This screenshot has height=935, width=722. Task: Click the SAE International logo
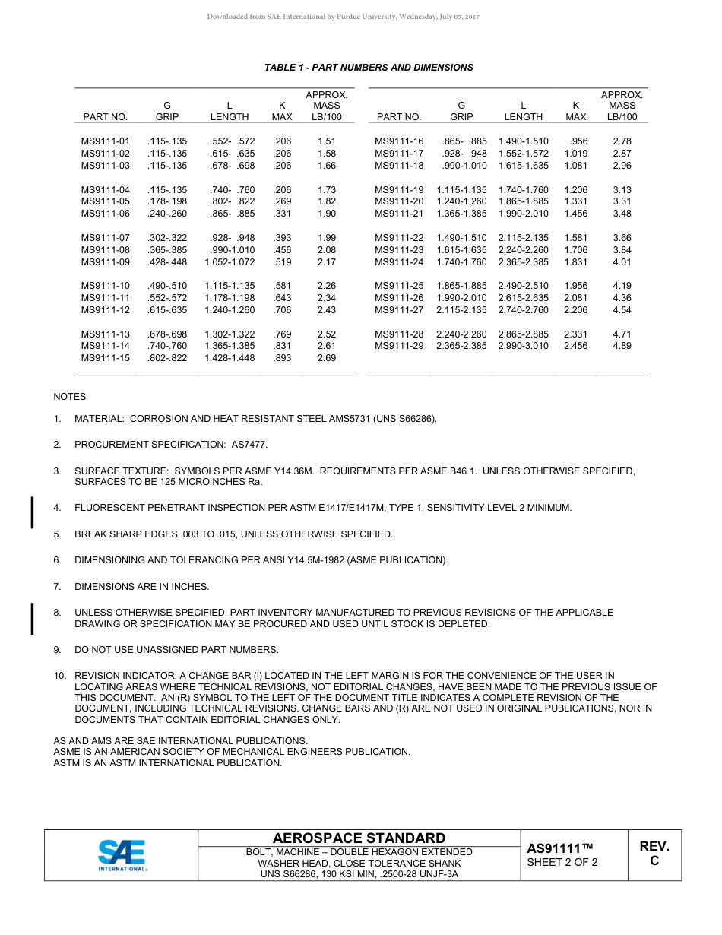point(122,855)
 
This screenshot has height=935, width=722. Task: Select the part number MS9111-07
point(106,238)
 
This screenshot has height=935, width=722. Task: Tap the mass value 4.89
point(622,346)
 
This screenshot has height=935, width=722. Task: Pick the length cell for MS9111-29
point(523,346)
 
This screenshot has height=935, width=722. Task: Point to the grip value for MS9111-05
point(167,201)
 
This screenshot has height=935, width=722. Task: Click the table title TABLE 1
point(369,68)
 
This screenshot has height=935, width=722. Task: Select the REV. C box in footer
point(654,853)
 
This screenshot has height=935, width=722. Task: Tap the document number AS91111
point(559,848)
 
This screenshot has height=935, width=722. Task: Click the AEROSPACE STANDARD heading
point(359,838)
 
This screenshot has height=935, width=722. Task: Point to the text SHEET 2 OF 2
point(562,862)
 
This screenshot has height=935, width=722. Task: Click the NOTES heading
point(70,397)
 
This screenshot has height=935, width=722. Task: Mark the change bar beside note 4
point(32,512)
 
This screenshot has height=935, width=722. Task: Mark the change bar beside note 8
point(32,618)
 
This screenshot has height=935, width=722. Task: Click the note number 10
point(59,675)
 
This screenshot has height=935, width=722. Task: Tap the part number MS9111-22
point(399,238)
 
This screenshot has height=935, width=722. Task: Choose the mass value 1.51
point(327,141)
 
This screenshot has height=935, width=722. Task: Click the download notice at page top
point(343,17)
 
